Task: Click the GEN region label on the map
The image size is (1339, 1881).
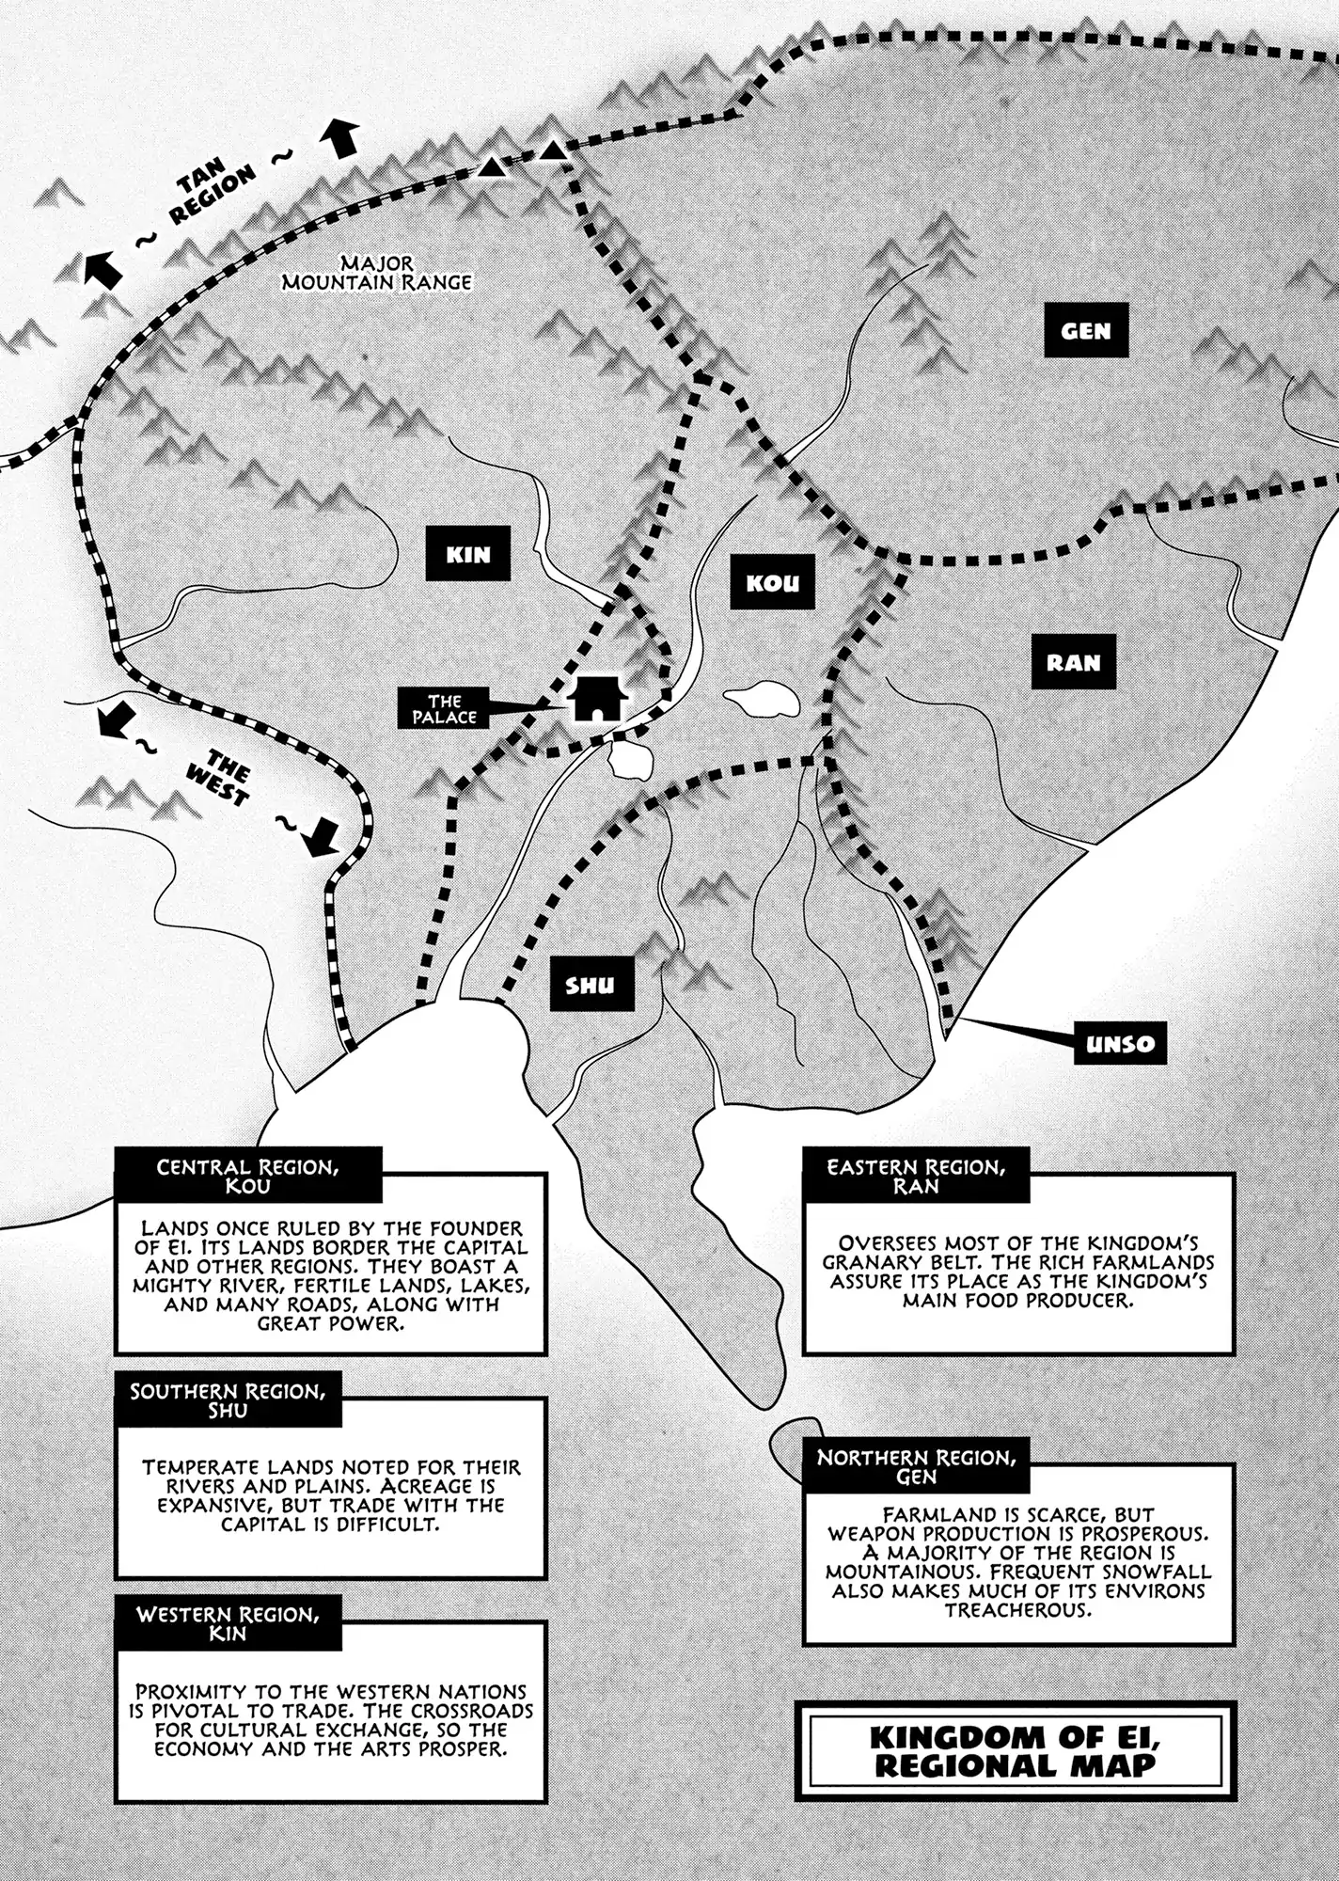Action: coord(1085,331)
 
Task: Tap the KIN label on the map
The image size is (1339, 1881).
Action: coord(468,554)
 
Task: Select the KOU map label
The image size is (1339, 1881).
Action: coord(772,582)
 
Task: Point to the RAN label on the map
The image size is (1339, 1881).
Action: coord(1073,662)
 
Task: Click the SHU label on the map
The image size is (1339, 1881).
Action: coord(591,985)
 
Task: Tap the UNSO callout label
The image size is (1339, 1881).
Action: coord(1120,1043)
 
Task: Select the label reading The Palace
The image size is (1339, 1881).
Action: coord(445,709)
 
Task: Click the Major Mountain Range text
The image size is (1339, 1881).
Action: coord(377,273)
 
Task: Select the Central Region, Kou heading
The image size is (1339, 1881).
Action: coord(248,1176)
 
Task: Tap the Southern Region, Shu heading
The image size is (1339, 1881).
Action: coord(228,1400)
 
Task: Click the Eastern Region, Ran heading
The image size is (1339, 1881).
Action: coord(916,1176)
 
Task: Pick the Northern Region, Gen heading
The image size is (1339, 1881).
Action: coord(916,1466)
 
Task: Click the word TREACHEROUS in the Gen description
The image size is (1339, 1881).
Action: coord(1019,1609)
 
